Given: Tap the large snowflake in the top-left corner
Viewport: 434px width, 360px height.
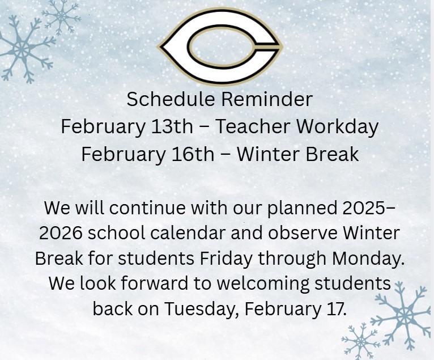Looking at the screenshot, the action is click(x=22, y=49).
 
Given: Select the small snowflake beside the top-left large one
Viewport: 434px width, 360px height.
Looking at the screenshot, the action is click(x=61, y=17).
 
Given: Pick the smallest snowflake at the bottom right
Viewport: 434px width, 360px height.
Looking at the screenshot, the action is click(x=361, y=342).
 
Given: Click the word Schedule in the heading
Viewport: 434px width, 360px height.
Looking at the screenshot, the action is click(x=171, y=99).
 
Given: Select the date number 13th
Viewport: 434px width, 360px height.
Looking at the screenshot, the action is click(x=172, y=126).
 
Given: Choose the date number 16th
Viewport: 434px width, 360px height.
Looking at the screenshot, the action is click(x=193, y=154).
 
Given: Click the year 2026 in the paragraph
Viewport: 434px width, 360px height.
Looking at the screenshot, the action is click(x=61, y=233).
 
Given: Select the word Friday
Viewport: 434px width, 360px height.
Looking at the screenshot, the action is click(x=226, y=259).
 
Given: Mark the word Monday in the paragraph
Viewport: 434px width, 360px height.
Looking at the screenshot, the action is click(x=367, y=258).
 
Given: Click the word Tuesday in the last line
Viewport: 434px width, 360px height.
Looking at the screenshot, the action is click(x=202, y=309).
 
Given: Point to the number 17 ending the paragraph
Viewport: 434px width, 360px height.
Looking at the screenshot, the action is click(x=336, y=308).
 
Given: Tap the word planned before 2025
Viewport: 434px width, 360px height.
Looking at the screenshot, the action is click(x=302, y=209).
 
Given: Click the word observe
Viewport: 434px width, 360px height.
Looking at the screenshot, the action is click(x=303, y=232).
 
